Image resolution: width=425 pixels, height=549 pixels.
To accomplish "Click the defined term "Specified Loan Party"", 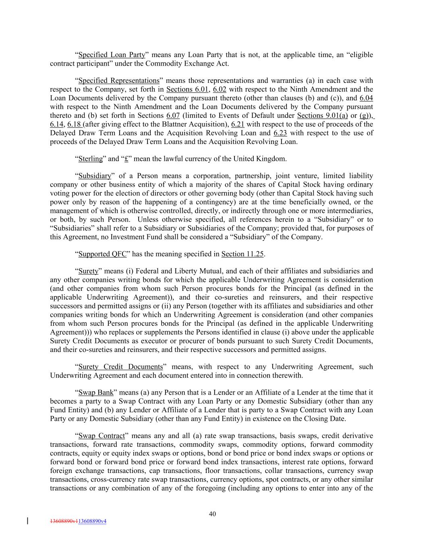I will point(112,55).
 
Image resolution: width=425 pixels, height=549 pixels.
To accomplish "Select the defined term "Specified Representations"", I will point(119,81).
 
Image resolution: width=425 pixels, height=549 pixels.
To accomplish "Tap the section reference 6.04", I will point(366,98).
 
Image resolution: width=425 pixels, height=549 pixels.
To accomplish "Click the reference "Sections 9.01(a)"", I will point(322,115).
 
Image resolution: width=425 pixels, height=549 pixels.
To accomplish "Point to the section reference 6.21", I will point(238,124).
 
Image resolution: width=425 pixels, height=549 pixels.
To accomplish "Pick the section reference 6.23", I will point(280,133).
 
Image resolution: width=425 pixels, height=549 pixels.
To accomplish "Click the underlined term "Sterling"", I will point(90,159).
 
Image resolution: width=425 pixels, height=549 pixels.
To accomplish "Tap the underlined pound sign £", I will point(126,159).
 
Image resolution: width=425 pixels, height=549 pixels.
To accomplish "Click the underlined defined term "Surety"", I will point(88,271).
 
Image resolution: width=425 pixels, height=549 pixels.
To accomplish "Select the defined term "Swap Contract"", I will point(102,436).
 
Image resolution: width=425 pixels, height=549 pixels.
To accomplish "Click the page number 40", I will point(213,514).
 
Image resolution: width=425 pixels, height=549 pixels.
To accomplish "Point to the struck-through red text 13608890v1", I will point(64,521).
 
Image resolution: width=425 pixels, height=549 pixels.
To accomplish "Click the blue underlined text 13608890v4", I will point(92,521).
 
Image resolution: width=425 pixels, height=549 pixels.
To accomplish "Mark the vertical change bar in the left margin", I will point(27,521).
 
